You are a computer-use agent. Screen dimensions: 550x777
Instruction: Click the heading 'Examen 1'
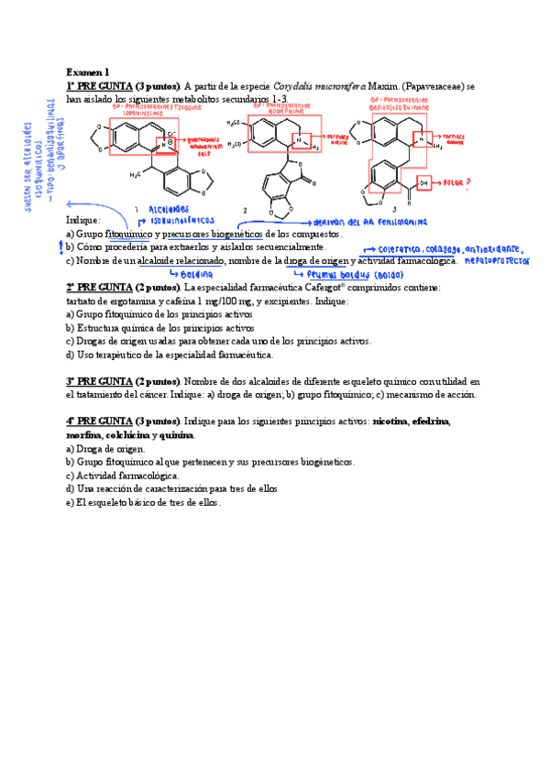tap(87, 71)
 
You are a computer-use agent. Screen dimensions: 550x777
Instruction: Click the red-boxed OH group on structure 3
tap(423, 183)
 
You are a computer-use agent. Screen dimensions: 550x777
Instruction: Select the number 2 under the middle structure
tap(245, 211)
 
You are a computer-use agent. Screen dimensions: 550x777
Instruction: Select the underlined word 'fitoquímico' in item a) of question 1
tap(130, 235)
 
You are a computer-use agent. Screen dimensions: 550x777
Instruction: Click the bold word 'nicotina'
tap(394, 421)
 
